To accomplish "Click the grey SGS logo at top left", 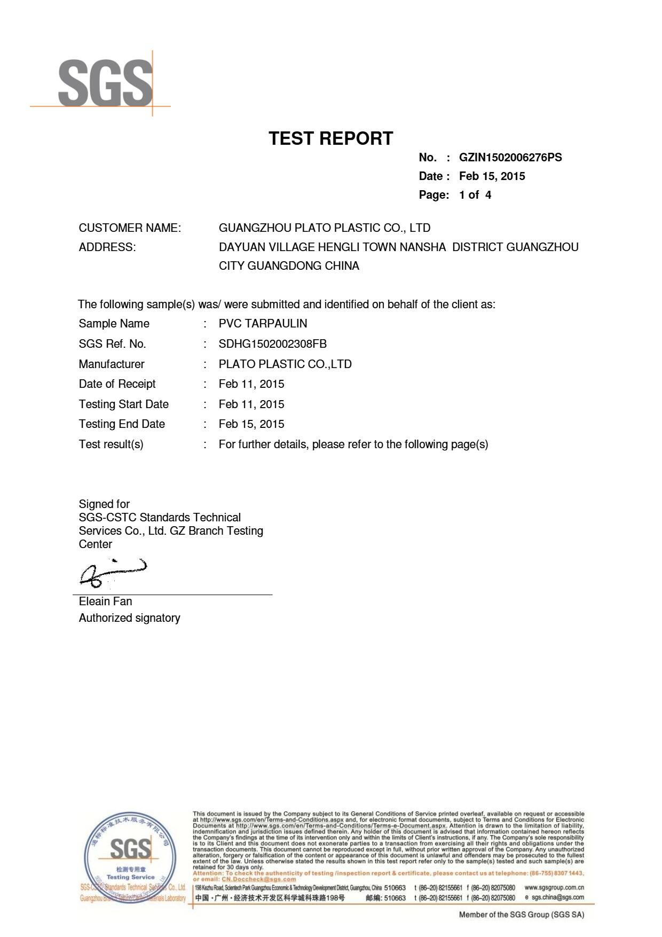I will pos(105,83).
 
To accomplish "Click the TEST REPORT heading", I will pos(331,138).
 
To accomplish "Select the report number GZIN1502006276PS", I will pos(510,158).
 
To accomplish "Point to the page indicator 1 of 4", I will pos(475,195).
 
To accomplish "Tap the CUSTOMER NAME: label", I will pos(130,228).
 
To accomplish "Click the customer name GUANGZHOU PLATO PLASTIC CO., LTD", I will pos(325,228).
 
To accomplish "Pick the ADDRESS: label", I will pos(107,247).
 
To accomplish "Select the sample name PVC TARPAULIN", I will pos(263,324).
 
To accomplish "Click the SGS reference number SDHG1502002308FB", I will pos(272,344).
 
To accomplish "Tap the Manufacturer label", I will pos(112,364).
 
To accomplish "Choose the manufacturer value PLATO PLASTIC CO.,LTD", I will pos(285,364).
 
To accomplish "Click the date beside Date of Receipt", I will pos(251,384).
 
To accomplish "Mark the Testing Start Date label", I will pos(124,404).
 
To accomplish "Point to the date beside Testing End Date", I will pos(251,424).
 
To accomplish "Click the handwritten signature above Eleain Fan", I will pos(113,573).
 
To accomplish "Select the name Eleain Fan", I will pos(105,602).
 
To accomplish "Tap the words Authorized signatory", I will pos(130,618).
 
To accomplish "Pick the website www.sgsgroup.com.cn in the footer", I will pos(554,887).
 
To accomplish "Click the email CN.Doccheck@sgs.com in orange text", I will pos(259,879).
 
